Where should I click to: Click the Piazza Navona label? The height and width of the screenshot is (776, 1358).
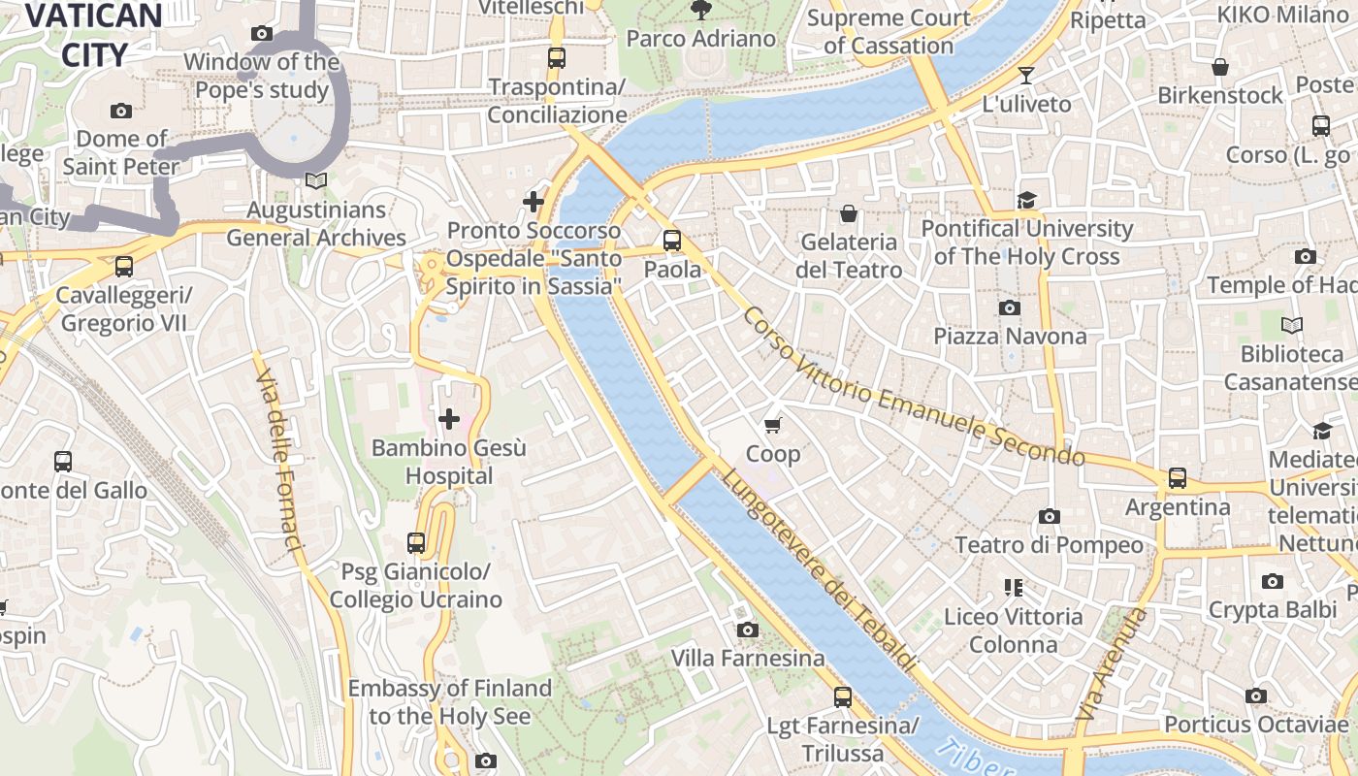[x=1010, y=337]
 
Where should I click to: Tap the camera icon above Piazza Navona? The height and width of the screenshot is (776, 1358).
[x=1010, y=307]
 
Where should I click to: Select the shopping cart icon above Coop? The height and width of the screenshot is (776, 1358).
[x=773, y=425]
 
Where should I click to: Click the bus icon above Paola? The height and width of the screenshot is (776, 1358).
[x=672, y=240]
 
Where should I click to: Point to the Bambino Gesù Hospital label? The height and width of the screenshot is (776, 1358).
[x=449, y=462]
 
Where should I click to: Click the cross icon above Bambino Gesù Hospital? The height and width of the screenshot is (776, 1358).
[x=449, y=419]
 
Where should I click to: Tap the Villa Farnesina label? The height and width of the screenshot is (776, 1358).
[x=748, y=659]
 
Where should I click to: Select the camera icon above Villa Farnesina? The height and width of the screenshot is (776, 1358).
[x=747, y=630]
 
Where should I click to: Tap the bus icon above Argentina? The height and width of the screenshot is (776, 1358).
[x=1177, y=477]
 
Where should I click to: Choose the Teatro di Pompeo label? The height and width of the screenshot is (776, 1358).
[x=1050, y=545]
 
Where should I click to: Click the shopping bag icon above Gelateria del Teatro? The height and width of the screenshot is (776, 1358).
[x=849, y=212]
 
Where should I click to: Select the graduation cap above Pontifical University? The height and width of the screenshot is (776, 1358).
[x=1026, y=200]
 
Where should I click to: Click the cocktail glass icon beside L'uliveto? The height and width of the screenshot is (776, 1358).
[x=1026, y=76]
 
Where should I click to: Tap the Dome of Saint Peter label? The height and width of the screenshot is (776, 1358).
[x=121, y=152]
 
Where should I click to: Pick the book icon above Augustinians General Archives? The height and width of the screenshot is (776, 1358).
[x=315, y=180]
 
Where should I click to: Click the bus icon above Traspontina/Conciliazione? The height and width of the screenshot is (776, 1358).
[x=556, y=57]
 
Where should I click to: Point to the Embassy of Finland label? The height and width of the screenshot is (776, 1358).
[x=449, y=702]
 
